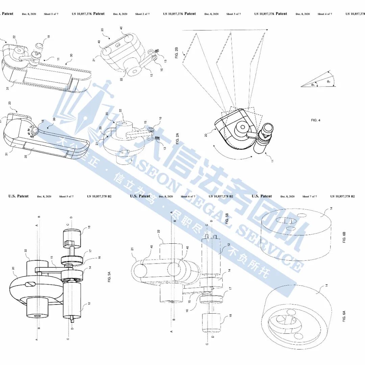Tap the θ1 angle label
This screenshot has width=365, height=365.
pos(313,85)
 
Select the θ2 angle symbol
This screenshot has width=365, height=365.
pos(328,81)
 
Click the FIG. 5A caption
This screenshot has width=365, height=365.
pos(109,279)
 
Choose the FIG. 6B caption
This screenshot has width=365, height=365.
pos(344,237)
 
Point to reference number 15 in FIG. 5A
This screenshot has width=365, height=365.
pos(52,258)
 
